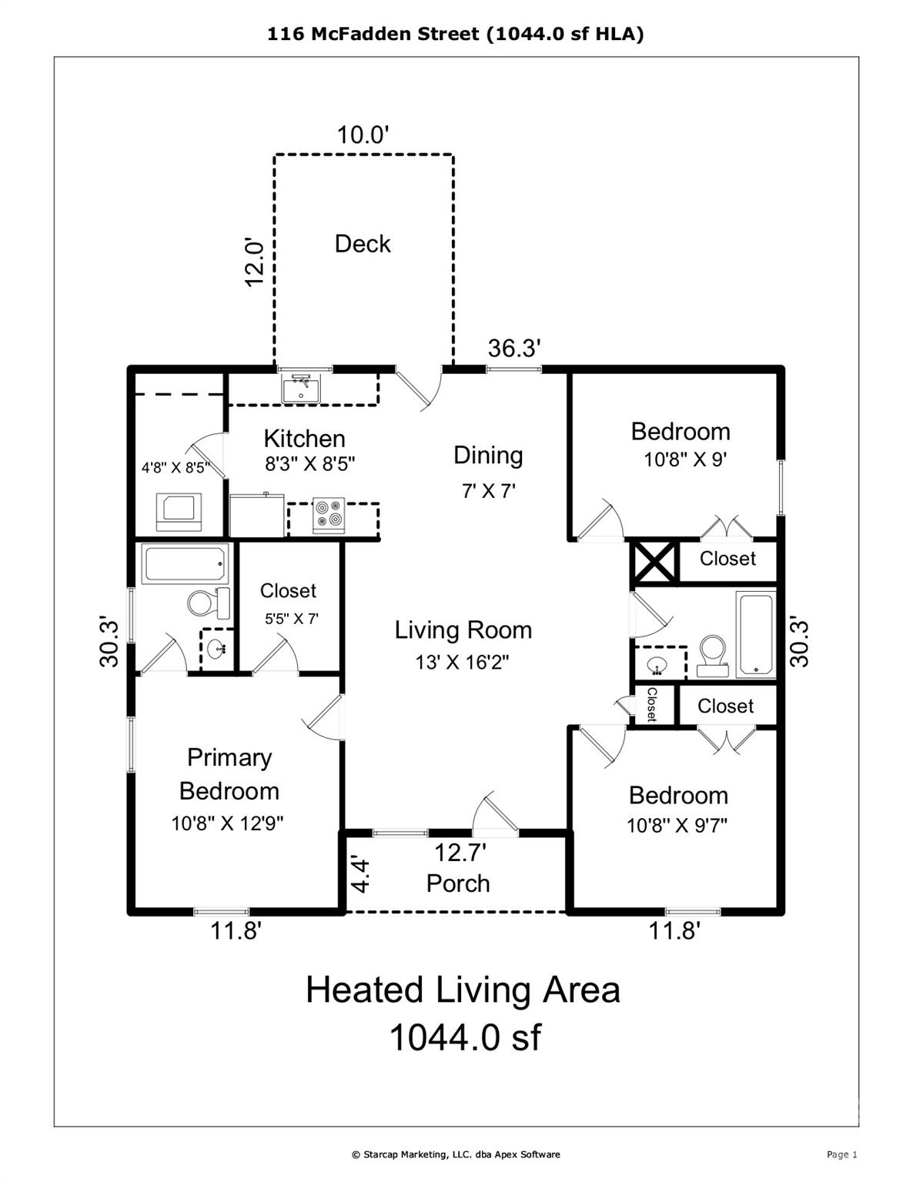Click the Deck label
(x=363, y=244)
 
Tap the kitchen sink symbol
(x=301, y=389)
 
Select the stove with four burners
(x=329, y=515)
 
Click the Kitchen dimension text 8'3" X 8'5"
(x=309, y=464)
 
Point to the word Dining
(x=488, y=456)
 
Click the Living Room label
(x=463, y=630)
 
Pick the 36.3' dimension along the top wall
(x=514, y=348)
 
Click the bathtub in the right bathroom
(x=756, y=635)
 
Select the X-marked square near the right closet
(x=654, y=562)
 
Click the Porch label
(x=457, y=883)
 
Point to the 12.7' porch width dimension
(x=460, y=853)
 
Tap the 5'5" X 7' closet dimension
(x=292, y=619)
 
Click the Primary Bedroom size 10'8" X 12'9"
(x=227, y=823)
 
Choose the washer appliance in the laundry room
(x=179, y=511)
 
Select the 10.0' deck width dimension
(x=363, y=135)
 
